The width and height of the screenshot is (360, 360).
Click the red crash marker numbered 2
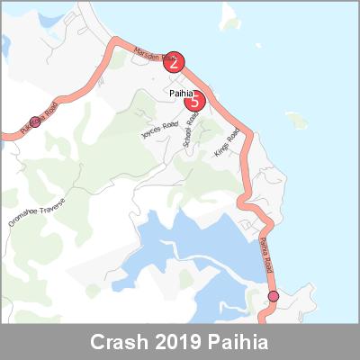click(x=174, y=62)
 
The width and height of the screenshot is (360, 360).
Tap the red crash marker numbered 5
click(x=194, y=102)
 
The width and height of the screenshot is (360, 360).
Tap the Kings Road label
click(x=227, y=142)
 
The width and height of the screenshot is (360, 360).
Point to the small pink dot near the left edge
click(x=35, y=121)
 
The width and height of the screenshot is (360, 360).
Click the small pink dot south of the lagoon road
click(x=274, y=296)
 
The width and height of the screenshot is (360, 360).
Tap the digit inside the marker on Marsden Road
click(x=174, y=62)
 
